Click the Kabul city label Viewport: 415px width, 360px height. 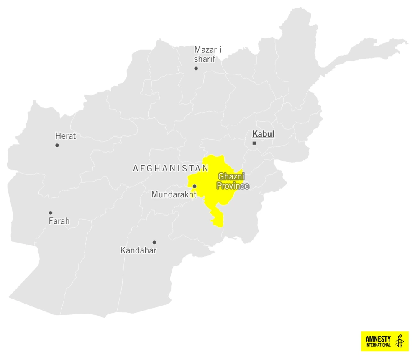click(263, 134)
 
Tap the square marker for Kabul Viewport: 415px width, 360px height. click(254, 143)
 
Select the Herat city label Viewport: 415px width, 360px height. click(66, 136)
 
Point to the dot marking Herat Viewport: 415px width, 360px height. click(57, 146)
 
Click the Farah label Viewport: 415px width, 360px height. click(59, 221)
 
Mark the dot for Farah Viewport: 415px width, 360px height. click(51, 213)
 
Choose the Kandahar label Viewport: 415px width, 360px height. click(138, 251)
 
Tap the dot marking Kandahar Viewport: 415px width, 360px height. click(154, 242)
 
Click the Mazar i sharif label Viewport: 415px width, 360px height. click(207, 54)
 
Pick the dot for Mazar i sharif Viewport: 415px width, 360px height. click(196, 68)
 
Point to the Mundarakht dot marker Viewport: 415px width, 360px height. click(195, 186)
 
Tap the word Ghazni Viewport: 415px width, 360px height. click(231, 177)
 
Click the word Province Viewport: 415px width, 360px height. click(233, 186)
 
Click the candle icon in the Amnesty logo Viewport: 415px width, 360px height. click(400, 341)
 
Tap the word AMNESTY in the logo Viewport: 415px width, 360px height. click(378, 339)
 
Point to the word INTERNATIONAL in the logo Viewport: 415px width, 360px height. click(378, 345)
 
